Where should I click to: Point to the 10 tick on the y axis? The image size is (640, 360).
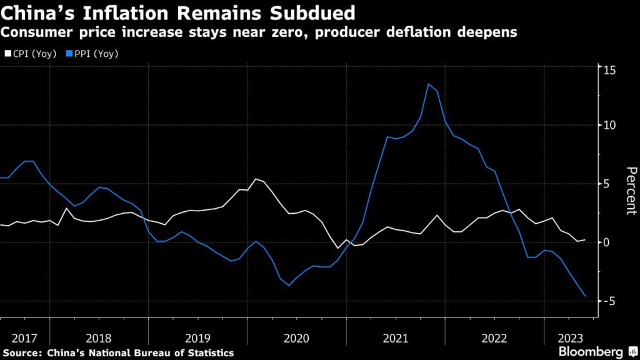609,125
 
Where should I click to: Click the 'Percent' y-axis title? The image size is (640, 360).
631,191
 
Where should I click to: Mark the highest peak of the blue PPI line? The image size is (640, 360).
429,84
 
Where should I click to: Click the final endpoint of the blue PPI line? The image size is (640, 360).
586,296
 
